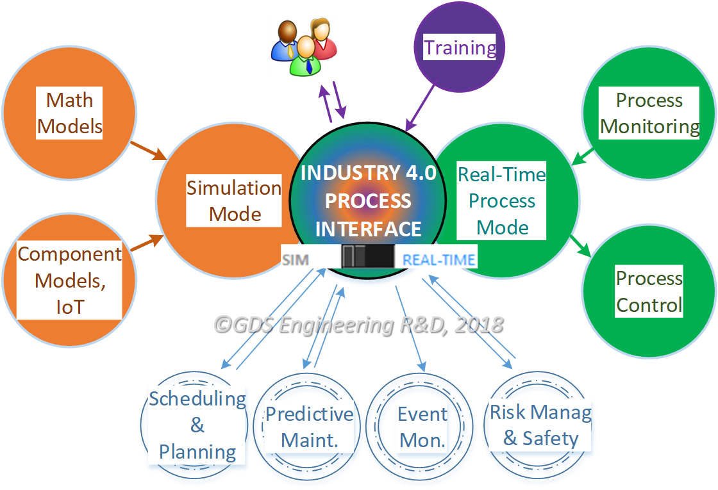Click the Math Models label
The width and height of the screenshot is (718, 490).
[70, 113]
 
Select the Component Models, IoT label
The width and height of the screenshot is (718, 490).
[69, 281]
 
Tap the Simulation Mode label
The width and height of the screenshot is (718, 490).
[234, 200]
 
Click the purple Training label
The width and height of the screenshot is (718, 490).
[460, 47]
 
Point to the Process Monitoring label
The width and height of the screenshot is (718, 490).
[649, 113]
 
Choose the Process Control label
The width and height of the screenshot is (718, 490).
[649, 291]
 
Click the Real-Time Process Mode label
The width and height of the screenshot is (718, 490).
[502, 200]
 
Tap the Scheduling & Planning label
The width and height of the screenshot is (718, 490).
[197, 425]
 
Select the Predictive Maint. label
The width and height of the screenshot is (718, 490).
[309, 427]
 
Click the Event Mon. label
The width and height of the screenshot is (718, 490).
[422, 427]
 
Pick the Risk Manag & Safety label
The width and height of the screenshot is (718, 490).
[540, 425]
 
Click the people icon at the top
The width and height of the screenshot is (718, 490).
[303, 47]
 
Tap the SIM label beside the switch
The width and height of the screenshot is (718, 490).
[295, 260]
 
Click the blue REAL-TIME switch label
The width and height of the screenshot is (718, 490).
[438, 260]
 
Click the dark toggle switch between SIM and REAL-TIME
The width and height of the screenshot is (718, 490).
[367, 256]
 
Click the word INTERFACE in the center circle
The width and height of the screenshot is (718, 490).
[368, 229]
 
